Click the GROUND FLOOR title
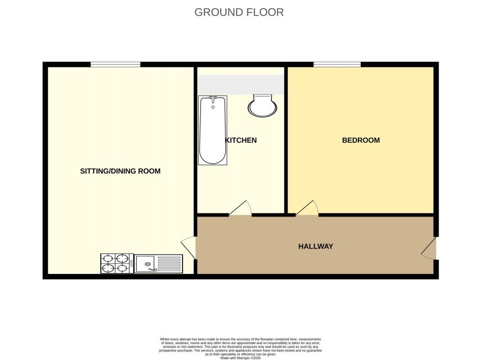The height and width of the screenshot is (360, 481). click(x=239, y=12)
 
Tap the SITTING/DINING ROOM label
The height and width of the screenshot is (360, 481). click(x=120, y=171)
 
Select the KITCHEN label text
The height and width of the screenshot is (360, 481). click(x=241, y=140)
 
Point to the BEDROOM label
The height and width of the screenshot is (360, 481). click(x=361, y=140)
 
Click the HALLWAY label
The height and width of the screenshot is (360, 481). click(x=316, y=246)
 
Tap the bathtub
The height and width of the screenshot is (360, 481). click(x=213, y=130)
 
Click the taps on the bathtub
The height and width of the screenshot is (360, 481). click(x=213, y=99)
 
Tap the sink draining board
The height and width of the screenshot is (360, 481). click(x=169, y=264)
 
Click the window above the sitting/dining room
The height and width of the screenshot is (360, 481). click(x=116, y=64)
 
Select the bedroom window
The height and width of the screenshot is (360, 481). click(x=337, y=64)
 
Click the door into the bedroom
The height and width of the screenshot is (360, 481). click(x=307, y=208)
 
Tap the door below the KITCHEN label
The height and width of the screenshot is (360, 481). click(x=240, y=208)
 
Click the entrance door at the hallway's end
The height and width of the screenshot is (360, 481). click(x=428, y=248)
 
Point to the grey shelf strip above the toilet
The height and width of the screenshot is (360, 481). click(x=240, y=85)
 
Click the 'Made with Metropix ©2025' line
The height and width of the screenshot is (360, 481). click(x=240, y=358)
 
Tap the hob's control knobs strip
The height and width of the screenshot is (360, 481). click(x=132, y=263)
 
